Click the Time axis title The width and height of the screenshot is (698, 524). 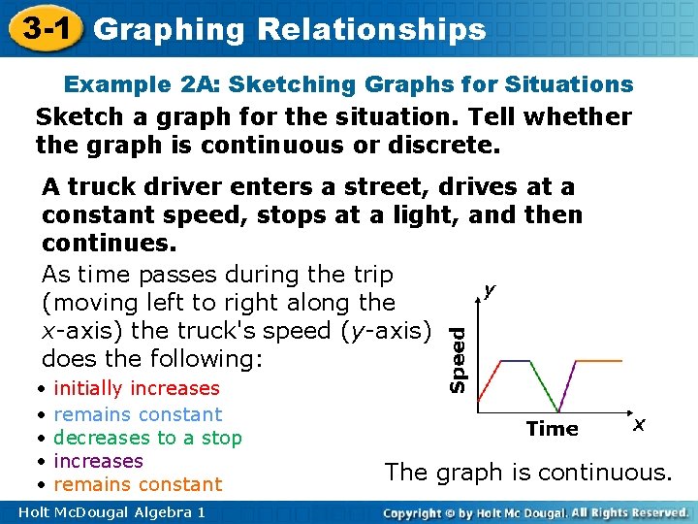(x=552, y=428)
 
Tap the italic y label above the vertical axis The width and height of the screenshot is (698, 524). (x=490, y=289)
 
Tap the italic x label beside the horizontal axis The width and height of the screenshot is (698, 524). (x=638, y=425)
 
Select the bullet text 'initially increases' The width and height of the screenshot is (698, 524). (x=137, y=388)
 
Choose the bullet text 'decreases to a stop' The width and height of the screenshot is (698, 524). (x=147, y=438)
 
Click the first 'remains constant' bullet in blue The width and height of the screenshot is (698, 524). (x=138, y=413)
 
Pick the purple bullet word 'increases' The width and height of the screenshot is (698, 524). (x=98, y=461)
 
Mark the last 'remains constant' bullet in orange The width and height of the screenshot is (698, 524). (x=138, y=484)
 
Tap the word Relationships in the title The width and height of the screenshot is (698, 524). (x=372, y=29)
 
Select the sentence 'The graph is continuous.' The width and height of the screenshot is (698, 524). (x=527, y=473)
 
